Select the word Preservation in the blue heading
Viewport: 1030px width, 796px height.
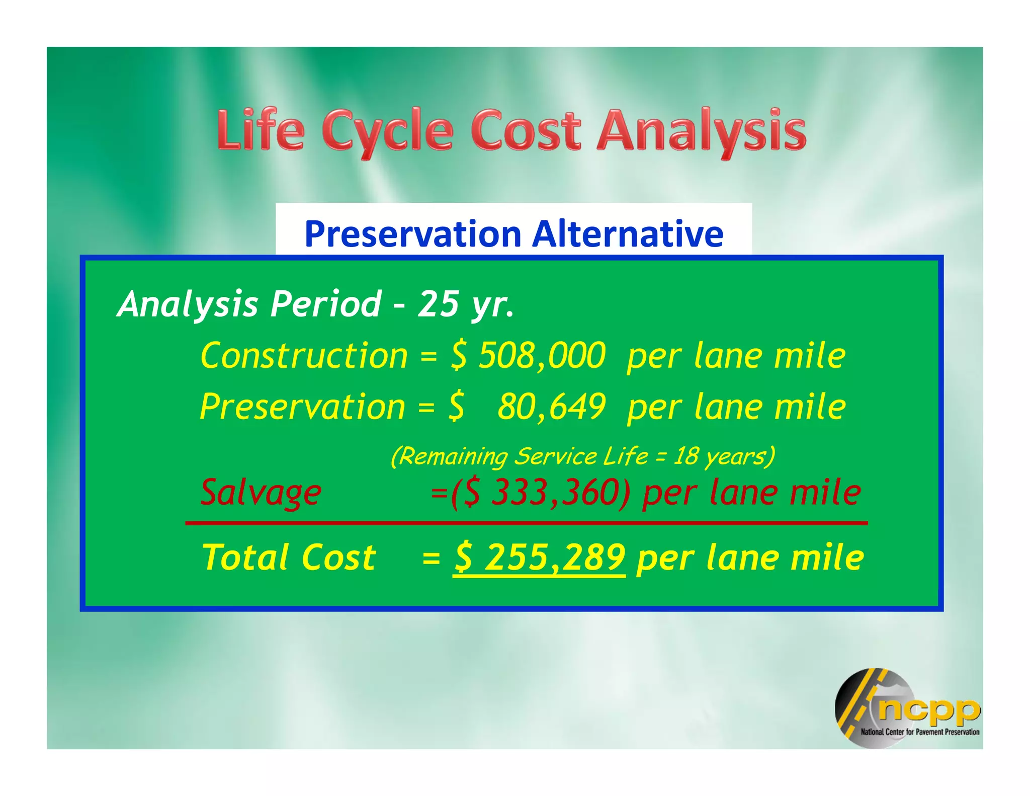click(x=413, y=234)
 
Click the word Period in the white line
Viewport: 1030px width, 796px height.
click(x=326, y=304)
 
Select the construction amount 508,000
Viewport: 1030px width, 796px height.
click(x=542, y=356)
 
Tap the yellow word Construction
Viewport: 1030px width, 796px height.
click(x=304, y=356)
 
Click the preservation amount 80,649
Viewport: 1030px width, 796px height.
click(x=552, y=407)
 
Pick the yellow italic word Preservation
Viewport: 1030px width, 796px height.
click(x=302, y=407)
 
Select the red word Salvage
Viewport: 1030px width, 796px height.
click(x=261, y=492)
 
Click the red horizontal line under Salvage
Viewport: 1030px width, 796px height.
click(x=527, y=523)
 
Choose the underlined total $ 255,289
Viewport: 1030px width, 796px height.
click(x=539, y=558)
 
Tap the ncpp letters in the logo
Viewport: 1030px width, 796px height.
click(x=928, y=709)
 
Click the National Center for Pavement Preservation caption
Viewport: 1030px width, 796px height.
click(x=920, y=732)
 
